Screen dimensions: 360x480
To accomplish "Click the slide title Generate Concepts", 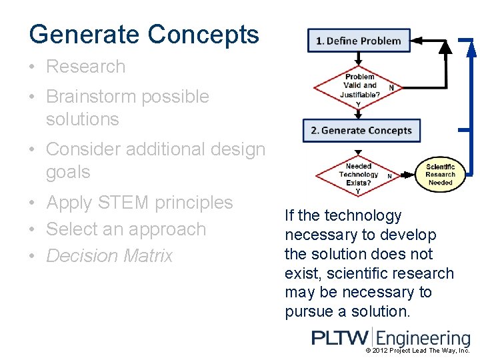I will click(x=144, y=34).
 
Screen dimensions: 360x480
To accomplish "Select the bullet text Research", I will click(x=85, y=67).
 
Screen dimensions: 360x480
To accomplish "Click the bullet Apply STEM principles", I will click(x=139, y=203).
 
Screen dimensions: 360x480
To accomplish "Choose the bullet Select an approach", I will click(x=126, y=229).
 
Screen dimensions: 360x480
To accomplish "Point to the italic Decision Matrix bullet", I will click(x=109, y=256).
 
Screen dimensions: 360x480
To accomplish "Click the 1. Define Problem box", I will click(x=359, y=41).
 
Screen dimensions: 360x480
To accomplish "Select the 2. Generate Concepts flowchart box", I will click(x=361, y=131).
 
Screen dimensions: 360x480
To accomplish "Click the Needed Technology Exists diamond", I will click(x=359, y=175).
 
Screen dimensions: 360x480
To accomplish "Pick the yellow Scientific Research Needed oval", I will click(x=440, y=175).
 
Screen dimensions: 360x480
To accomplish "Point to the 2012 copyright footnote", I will click(x=418, y=351).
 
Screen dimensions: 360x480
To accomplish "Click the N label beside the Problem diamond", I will click(x=391, y=87).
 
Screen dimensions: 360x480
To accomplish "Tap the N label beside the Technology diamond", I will click(x=389, y=177).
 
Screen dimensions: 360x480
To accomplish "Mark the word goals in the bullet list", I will click(x=67, y=173).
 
